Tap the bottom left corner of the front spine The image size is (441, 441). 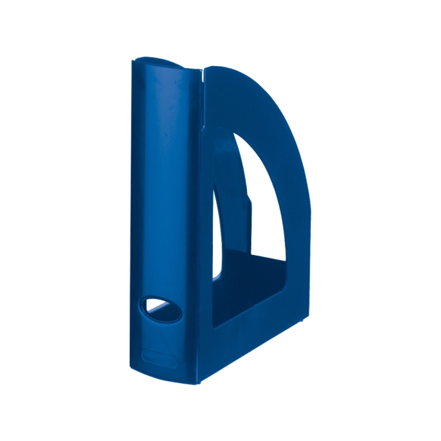(x=136, y=365)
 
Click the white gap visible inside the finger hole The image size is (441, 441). (x=156, y=307)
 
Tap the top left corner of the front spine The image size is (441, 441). (x=132, y=62)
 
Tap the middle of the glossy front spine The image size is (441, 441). (x=165, y=208)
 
